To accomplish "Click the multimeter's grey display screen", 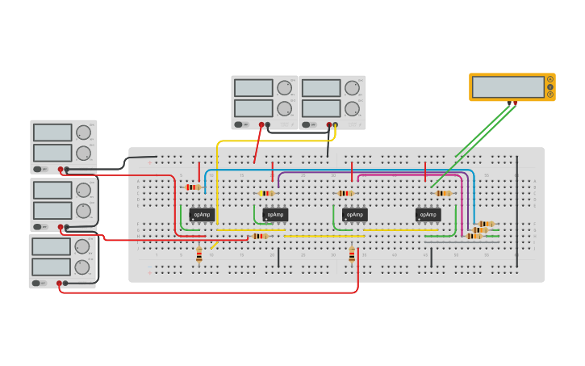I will click(x=508, y=86).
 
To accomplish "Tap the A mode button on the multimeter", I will click(x=550, y=79).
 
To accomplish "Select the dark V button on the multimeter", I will click(x=550, y=86).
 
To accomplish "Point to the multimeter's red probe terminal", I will click(x=515, y=103).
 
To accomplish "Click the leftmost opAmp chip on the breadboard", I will click(x=202, y=214).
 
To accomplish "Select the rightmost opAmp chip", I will click(x=428, y=214).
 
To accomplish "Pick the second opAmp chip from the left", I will click(x=274, y=214).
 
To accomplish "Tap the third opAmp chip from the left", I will click(x=354, y=214).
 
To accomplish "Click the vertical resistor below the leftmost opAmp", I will click(x=199, y=255).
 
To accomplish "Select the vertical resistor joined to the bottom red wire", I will click(x=352, y=255).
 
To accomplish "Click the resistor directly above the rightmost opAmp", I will click(x=442, y=193).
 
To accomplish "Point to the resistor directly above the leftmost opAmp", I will click(x=193, y=187).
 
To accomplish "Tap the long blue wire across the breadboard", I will click(x=339, y=170).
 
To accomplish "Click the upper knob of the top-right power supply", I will click(x=352, y=87).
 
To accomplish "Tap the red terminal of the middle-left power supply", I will click(x=60, y=227).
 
